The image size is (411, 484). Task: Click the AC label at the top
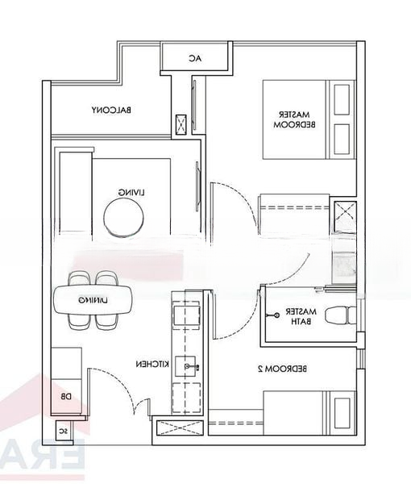coord(194,58)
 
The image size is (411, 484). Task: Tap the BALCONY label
coord(111,110)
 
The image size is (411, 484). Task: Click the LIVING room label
coord(131,192)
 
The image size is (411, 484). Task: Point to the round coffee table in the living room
coord(125,218)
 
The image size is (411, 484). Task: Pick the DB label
coord(66,396)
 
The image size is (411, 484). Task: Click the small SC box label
coord(61,432)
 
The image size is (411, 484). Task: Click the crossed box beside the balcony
coord(182,123)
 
